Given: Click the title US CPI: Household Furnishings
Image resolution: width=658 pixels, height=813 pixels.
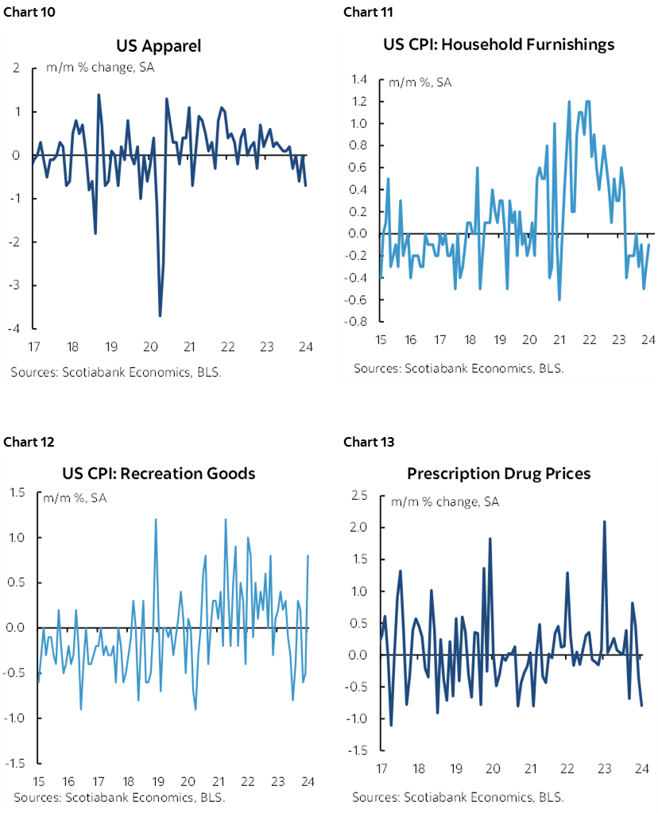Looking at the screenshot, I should (498, 44).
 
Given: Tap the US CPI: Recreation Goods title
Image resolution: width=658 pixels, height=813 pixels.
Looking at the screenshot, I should (159, 473).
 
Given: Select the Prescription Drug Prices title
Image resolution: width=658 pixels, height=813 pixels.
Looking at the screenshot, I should (498, 473).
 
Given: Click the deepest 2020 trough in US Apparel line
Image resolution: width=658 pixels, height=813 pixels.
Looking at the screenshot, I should (160, 316).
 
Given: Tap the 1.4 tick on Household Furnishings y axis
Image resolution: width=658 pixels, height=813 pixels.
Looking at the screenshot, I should (358, 79).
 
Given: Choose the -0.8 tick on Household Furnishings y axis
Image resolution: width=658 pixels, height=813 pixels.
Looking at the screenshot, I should (356, 322).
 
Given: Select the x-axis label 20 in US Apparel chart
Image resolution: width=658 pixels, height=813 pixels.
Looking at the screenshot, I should (150, 347).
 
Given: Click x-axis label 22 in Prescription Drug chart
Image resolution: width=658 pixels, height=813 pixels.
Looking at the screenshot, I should (567, 768).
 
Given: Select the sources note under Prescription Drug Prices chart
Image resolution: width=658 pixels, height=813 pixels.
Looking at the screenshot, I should (447, 796).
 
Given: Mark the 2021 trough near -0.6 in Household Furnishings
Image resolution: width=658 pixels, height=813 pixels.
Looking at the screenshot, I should (559, 299).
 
